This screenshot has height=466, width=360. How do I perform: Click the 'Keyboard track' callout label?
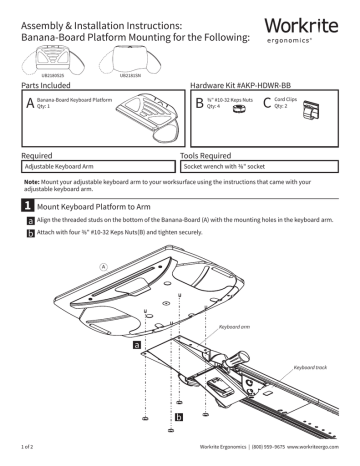(314, 369)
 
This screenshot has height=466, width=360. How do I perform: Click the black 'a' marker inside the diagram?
(136, 344)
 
